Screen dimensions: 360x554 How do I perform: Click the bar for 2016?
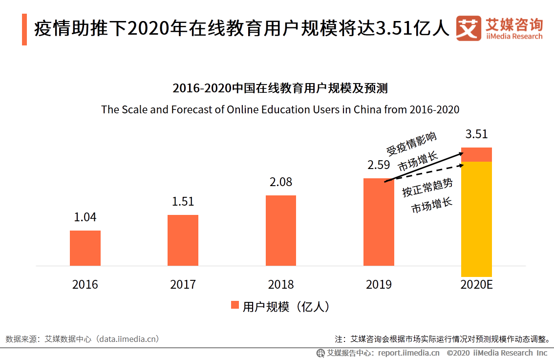coord(85,248)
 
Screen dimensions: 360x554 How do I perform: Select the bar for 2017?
coord(183,240)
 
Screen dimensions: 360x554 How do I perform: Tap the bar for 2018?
coord(281,231)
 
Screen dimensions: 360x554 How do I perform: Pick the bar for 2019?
coord(379,222)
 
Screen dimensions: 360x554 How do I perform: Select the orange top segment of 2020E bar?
coord(476,154)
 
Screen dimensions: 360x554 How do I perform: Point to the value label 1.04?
coord(85,217)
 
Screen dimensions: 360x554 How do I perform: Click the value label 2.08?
coord(281,182)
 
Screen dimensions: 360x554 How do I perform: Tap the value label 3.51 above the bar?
coord(476,134)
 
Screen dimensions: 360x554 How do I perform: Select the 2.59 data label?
coord(379,165)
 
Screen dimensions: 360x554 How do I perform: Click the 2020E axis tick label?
coord(476,284)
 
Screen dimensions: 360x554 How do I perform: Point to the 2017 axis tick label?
coord(183,284)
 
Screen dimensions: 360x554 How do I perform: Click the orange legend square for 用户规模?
coord(234,305)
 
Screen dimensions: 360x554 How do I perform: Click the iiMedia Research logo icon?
coord(468,28)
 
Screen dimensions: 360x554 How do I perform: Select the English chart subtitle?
coord(280,109)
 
